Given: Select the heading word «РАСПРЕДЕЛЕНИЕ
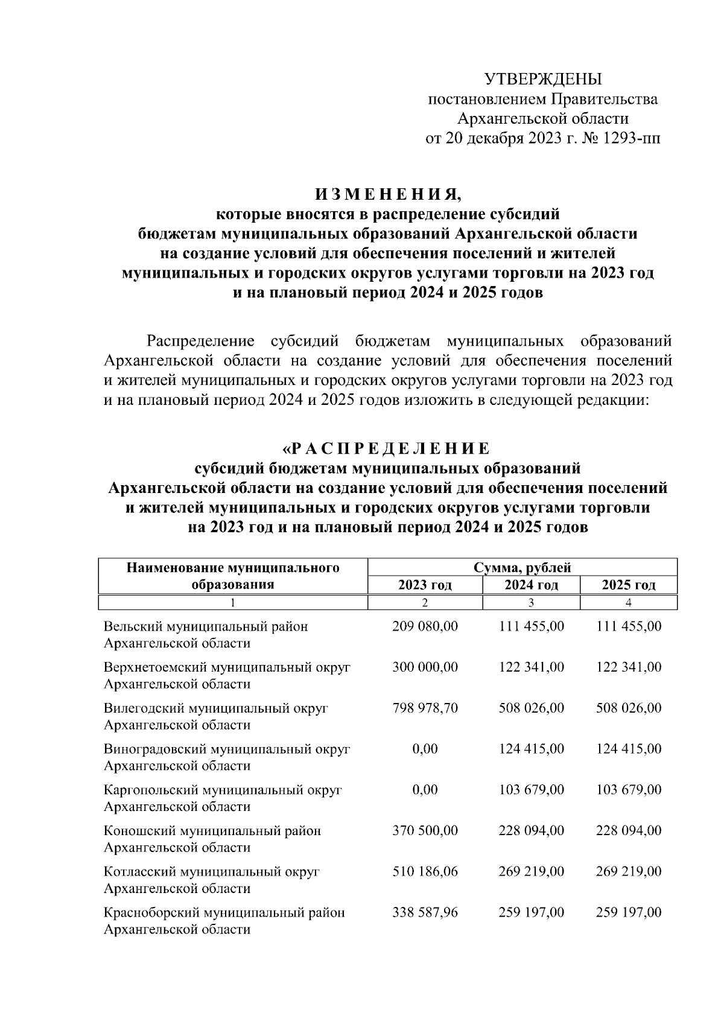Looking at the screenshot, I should (x=387, y=448).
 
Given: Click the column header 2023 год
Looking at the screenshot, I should (x=425, y=585).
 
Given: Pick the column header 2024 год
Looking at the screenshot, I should (x=531, y=585).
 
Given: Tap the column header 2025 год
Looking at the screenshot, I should (x=629, y=585).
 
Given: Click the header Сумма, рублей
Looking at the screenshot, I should (x=522, y=567).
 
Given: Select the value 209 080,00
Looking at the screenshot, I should (x=425, y=626).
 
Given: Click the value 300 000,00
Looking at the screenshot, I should (x=425, y=667).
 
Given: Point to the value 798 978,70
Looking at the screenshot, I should (x=425, y=708).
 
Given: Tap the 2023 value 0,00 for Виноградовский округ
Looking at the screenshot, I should (x=425, y=749).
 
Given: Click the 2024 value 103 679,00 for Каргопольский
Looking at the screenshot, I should (x=531, y=789).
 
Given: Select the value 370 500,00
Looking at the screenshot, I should (x=425, y=830).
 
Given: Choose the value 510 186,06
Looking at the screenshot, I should (x=425, y=871).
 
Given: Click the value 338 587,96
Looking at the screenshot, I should (x=425, y=912).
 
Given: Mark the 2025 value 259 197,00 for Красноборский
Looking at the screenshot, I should (x=629, y=912).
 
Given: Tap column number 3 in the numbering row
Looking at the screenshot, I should (x=531, y=602).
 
